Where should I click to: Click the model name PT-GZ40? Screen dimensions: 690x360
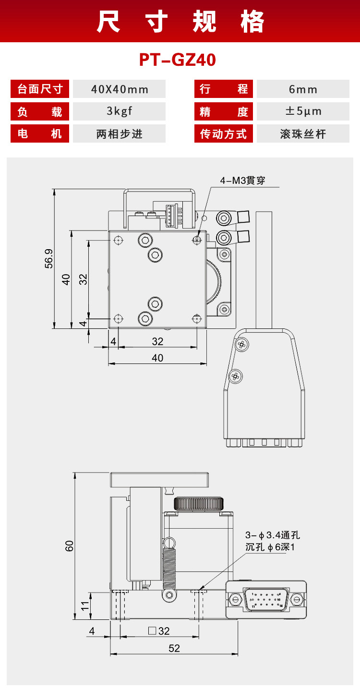pos(178,61)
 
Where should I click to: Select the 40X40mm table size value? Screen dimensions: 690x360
pos(120,89)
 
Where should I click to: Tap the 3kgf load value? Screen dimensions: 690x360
pos(120,111)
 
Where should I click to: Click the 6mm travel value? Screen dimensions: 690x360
pos(303,89)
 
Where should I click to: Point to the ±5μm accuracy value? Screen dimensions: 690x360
pos(303,111)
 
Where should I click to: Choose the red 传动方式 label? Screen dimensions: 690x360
pos(224,133)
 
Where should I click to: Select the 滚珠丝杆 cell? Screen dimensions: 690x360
pos(303,133)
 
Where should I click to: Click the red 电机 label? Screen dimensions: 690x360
pos(40,133)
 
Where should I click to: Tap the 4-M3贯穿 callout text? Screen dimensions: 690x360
pos(242,181)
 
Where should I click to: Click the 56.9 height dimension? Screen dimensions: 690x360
pos(48,259)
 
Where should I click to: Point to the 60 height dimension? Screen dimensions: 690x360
pos(70,545)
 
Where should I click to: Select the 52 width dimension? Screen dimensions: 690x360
pos(174,648)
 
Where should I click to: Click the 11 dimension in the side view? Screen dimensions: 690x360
pos(85,605)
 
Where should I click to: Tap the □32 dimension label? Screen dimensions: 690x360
pos(159,631)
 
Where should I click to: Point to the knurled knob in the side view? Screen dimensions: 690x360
pos(198,504)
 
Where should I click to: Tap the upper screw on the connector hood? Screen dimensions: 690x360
pos(242,344)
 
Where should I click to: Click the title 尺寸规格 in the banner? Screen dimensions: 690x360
pos(180,22)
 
